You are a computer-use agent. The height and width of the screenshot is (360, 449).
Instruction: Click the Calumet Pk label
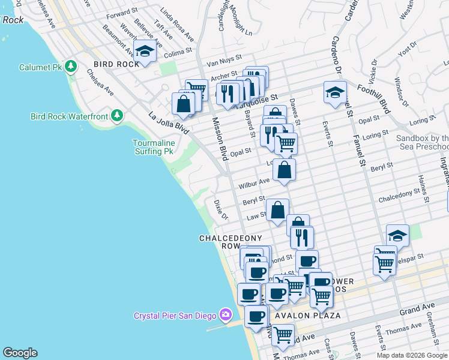point(41,67)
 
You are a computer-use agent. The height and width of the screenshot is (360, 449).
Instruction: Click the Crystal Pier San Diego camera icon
point(225,314)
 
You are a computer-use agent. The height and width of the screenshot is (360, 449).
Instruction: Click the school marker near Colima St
point(145,52)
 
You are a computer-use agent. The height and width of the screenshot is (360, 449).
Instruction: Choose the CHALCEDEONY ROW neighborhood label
point(231,242)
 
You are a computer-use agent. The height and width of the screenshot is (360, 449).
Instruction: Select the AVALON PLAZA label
point(308,316)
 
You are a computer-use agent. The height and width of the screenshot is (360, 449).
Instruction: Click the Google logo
point(20,353)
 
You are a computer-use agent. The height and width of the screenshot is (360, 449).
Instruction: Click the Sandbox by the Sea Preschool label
point(423,142)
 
